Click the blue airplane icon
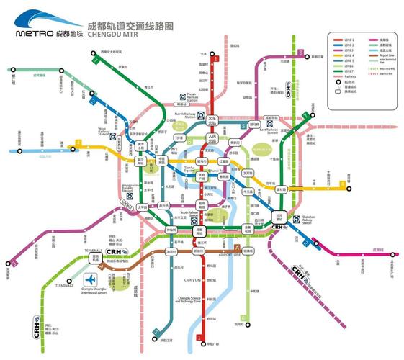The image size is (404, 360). (x=91, y=279)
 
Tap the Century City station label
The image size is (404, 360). (x=192, y=280)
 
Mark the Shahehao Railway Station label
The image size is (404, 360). (x=310, y=222)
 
